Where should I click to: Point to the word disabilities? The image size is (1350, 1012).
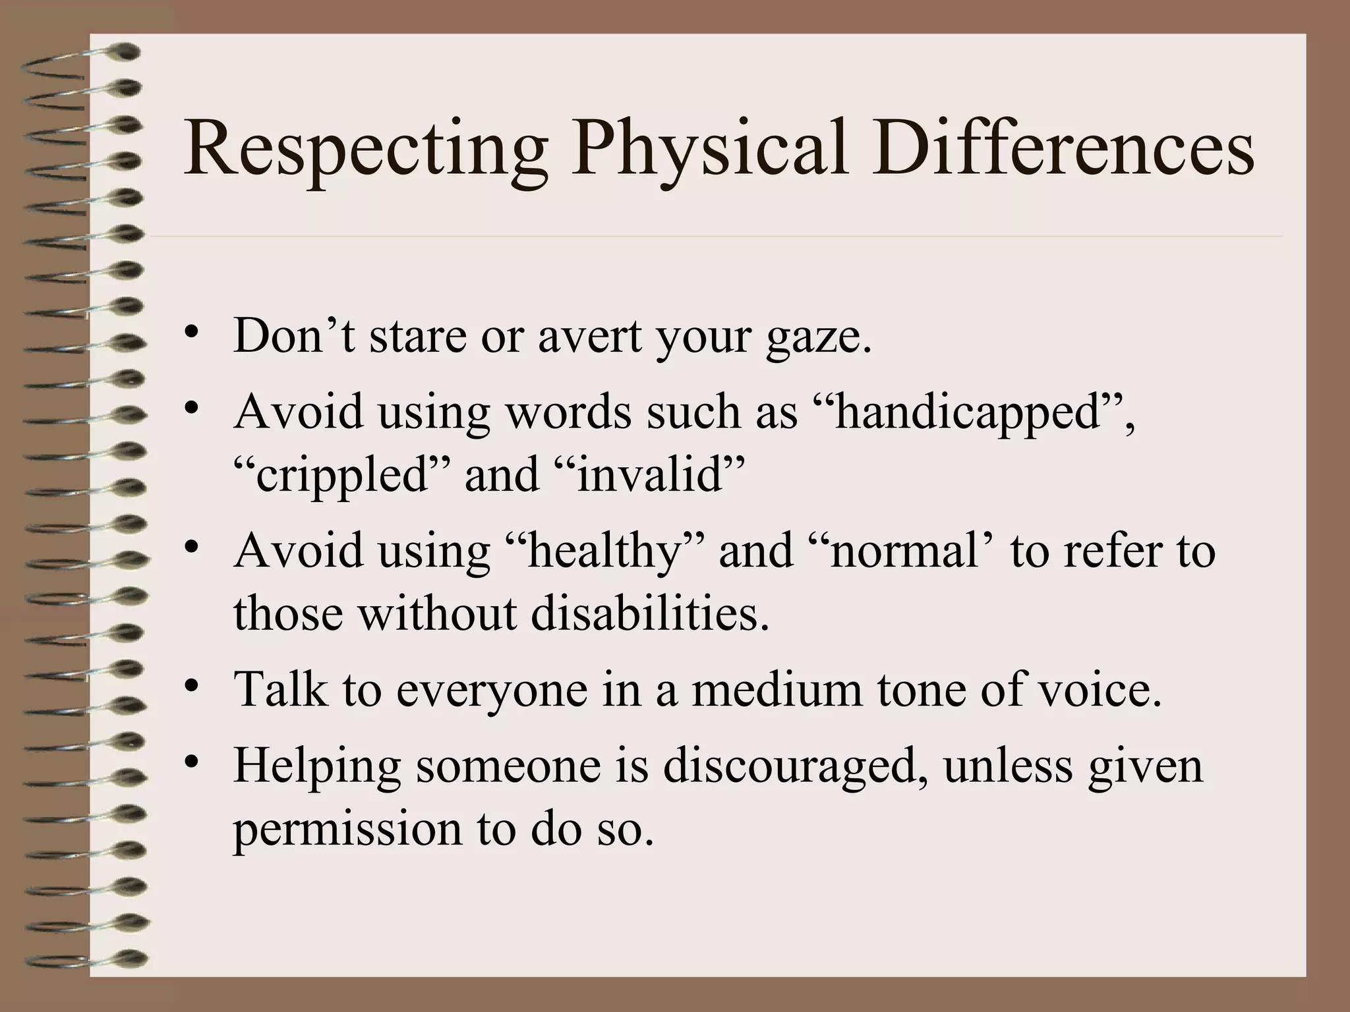(x=649, y=613)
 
